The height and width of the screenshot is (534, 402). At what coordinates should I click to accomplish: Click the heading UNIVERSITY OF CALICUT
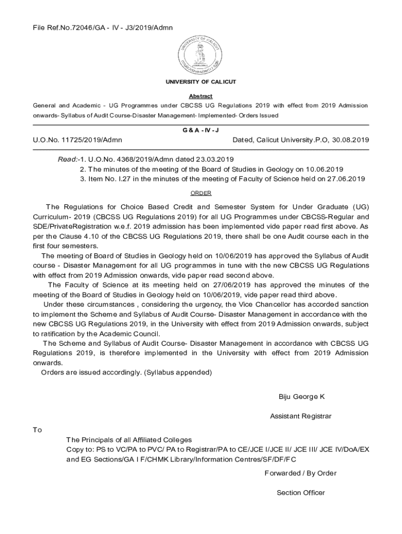tap(201, 82)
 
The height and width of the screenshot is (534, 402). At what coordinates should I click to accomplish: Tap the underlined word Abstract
tap(201, 96)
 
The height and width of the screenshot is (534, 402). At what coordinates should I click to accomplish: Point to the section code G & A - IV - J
tap(201, 129)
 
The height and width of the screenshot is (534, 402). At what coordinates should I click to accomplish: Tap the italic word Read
tap(67, 159)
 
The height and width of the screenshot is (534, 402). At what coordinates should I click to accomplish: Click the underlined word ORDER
tap(201, 193)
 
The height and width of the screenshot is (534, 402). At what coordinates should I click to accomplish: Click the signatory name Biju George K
tap(302, 397)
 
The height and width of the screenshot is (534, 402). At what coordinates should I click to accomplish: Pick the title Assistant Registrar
tap(301, 416)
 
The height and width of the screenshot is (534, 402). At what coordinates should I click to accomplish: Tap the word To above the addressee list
tap(37, 430)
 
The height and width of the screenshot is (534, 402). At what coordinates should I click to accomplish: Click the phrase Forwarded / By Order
tap(301, 473)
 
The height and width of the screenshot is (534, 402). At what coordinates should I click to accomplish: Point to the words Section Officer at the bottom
tap(301, 493)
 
